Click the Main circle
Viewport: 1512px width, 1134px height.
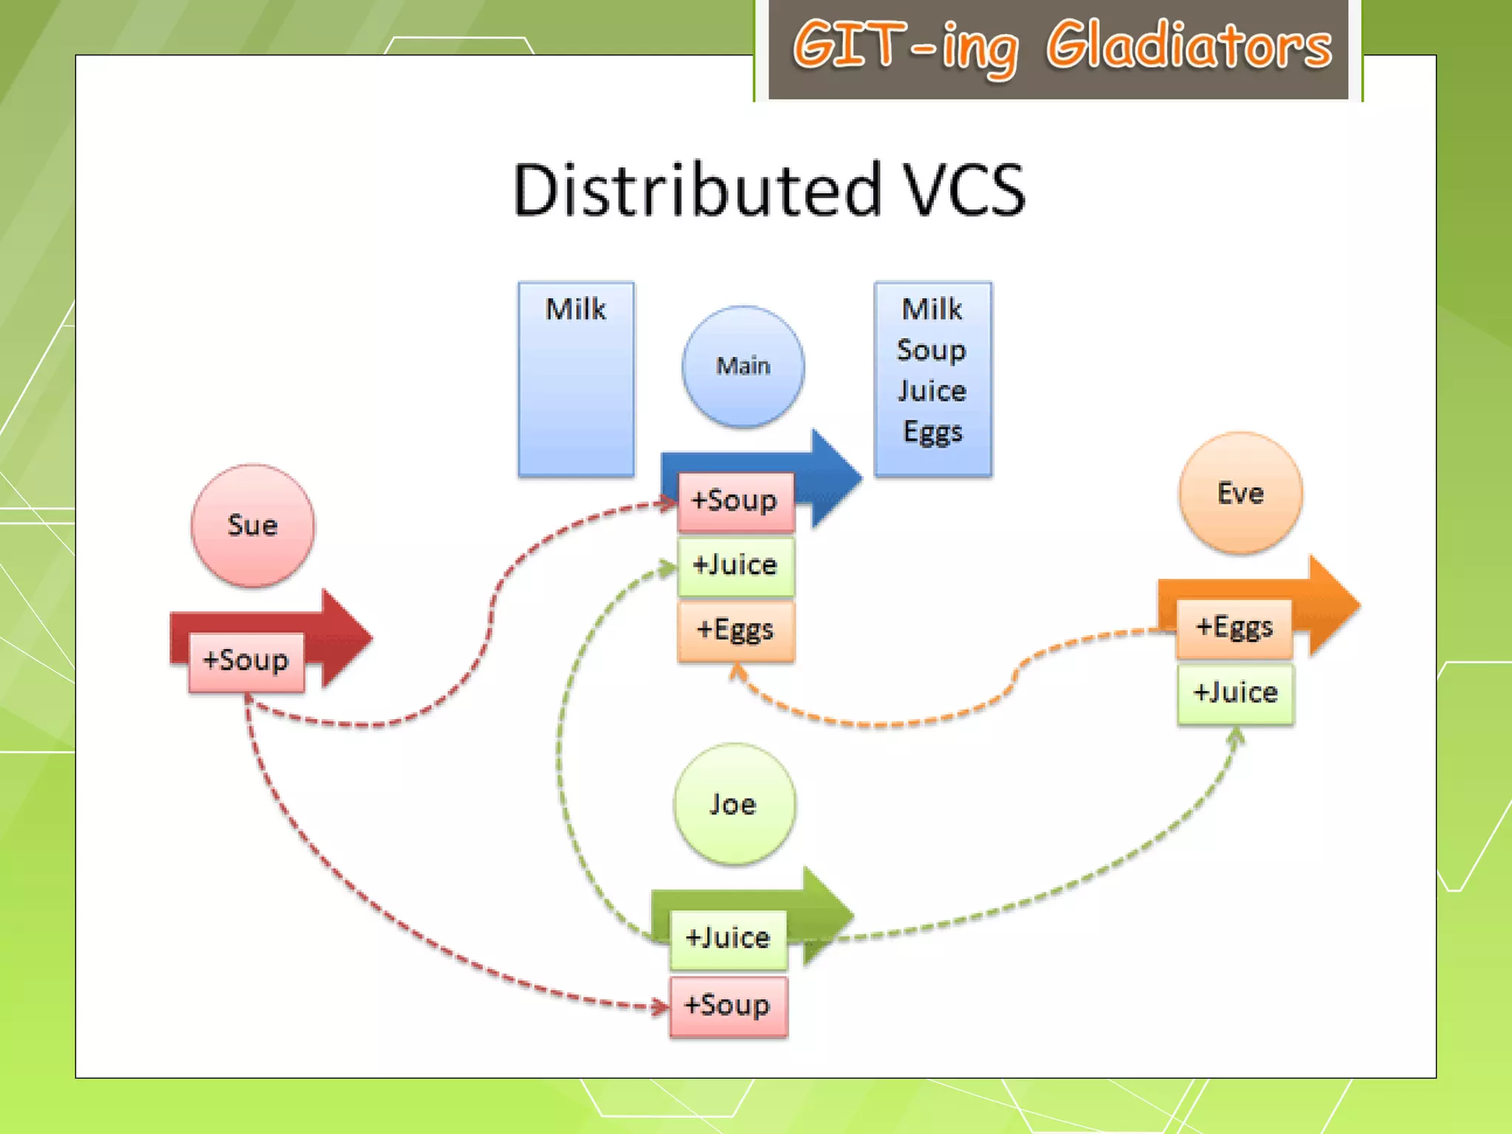pos(743,366)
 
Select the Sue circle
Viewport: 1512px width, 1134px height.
pos(252,526)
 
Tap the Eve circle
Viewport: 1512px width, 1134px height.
pos(1240,493)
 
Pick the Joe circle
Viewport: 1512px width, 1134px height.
pos(734,804)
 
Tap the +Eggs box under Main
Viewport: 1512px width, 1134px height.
pos(735,630)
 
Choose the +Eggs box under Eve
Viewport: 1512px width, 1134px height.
pos(1234,628)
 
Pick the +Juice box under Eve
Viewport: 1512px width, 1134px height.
pos(1235,693)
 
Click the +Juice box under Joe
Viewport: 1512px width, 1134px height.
pos(728,938)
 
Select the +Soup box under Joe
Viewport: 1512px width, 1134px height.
pos(728,1006)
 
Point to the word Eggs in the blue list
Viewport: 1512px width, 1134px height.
pos(932,432)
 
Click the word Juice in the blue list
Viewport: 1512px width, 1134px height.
pos(932,391)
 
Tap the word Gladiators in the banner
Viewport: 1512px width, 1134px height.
pos(1189,46)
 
